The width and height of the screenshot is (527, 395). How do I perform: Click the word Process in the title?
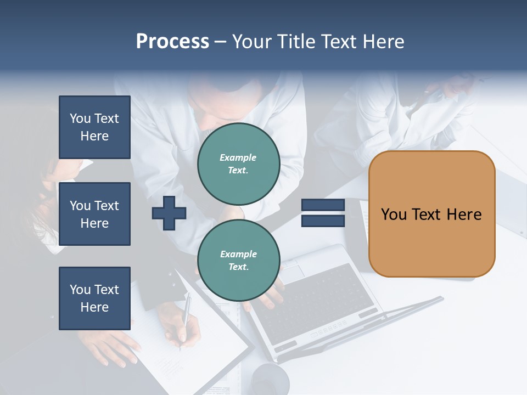coord(172,42)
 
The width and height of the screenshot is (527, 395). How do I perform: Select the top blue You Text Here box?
coord(94,127)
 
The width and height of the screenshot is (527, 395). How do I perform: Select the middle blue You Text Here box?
coord(94,214)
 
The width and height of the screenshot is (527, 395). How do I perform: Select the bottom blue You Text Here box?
coord(94,298)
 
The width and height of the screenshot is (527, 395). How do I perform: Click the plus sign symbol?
coord(169,213)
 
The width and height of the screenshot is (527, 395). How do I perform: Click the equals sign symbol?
coord(323,213)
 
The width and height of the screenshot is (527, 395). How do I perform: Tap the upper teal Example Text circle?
coord(238,164)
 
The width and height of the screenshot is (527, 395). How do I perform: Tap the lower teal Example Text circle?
coord(238,261)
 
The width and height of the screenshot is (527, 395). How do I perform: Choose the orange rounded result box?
coord(431,214)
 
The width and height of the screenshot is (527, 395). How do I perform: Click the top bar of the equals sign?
coord(323,205)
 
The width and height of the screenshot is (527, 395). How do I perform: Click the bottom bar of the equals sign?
coord(323,221)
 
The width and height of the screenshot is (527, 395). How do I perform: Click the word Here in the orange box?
coord(464,215)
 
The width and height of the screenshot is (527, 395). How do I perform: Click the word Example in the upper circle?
coord(238,157)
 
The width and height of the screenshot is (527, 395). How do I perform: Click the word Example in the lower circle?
coord(238,254)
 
